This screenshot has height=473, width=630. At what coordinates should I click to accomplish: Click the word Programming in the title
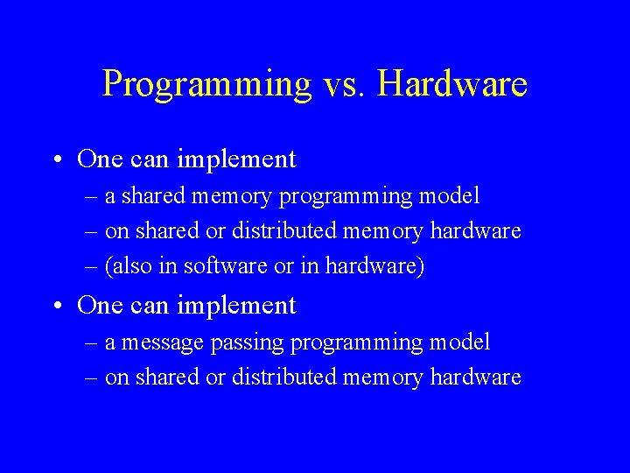click(x=206, y=84)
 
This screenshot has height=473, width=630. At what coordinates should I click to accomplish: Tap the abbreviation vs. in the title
click(x=346, y=84)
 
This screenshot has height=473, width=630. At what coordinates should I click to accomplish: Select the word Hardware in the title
click(x=454, y=84)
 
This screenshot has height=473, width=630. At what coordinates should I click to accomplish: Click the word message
click(x=164, y=342)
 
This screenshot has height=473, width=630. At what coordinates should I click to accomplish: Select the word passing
click(x=248, y=342)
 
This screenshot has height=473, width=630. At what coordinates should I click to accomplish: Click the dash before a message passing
click(x=93, y=342)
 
